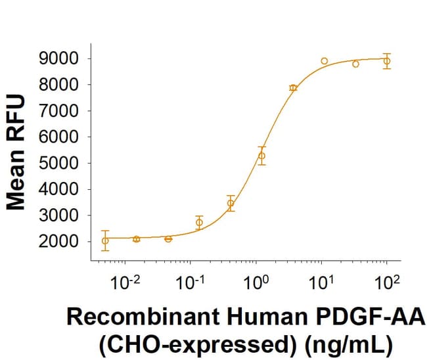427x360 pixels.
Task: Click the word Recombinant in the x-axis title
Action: click(x=123, y=320)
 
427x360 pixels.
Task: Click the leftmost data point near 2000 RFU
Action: click(x=105, y=240)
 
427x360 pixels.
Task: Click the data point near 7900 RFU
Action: click(x=293, y=87)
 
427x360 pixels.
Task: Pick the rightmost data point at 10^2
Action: click(x=387, y=61)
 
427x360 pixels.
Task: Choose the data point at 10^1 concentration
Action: click(x=325, y=61)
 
